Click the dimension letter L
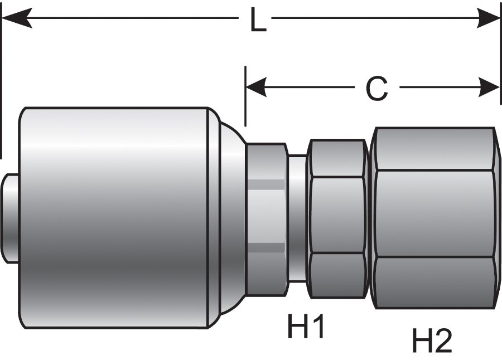pos(257,21)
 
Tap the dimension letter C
pos(376,88)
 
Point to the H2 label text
pos(432,340)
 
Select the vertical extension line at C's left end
pos(245,95)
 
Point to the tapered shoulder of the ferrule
pos(229,217)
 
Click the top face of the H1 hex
pos(337,159)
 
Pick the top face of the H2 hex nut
pos(435,149)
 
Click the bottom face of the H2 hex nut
pos(435,281)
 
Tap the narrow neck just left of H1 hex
pos(297,217)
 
